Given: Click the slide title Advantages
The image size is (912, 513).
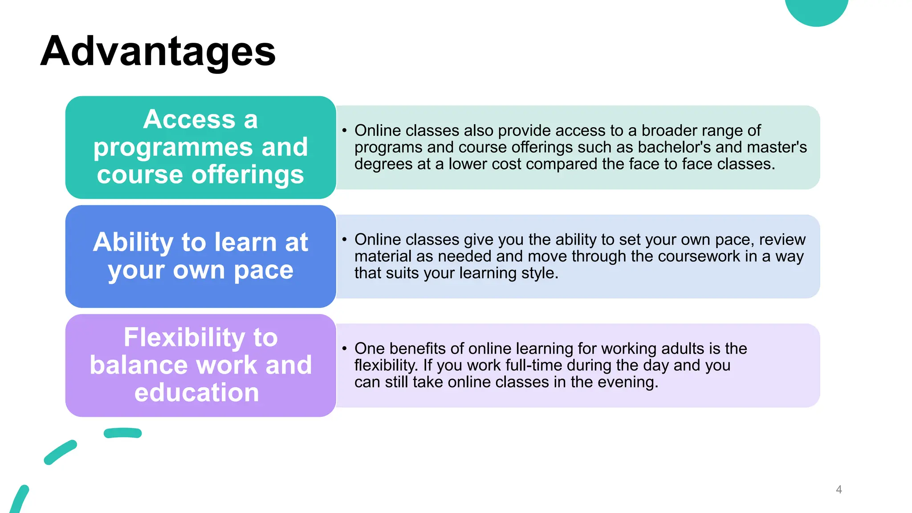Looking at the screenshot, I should pos(158,52).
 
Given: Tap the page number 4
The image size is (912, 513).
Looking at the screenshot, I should pos(839,489).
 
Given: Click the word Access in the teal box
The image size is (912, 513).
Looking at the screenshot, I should pos(189,119).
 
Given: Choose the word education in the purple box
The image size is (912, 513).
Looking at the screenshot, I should pos(196,393).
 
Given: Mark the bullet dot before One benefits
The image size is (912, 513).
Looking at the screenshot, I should pos(344,348).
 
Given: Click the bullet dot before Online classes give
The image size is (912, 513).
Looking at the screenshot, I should pos(344,239).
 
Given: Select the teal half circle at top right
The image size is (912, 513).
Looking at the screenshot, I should pos(816,10).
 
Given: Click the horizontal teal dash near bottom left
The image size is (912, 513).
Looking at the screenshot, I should pos(122,433).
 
